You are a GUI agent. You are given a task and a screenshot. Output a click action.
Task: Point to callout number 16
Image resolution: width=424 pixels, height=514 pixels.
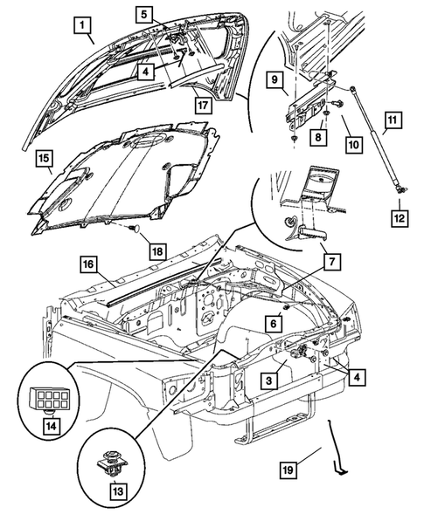(x=89, y=262)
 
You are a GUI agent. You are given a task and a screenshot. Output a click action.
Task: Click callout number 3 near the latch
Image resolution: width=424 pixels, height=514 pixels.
(x=270, y=377)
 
